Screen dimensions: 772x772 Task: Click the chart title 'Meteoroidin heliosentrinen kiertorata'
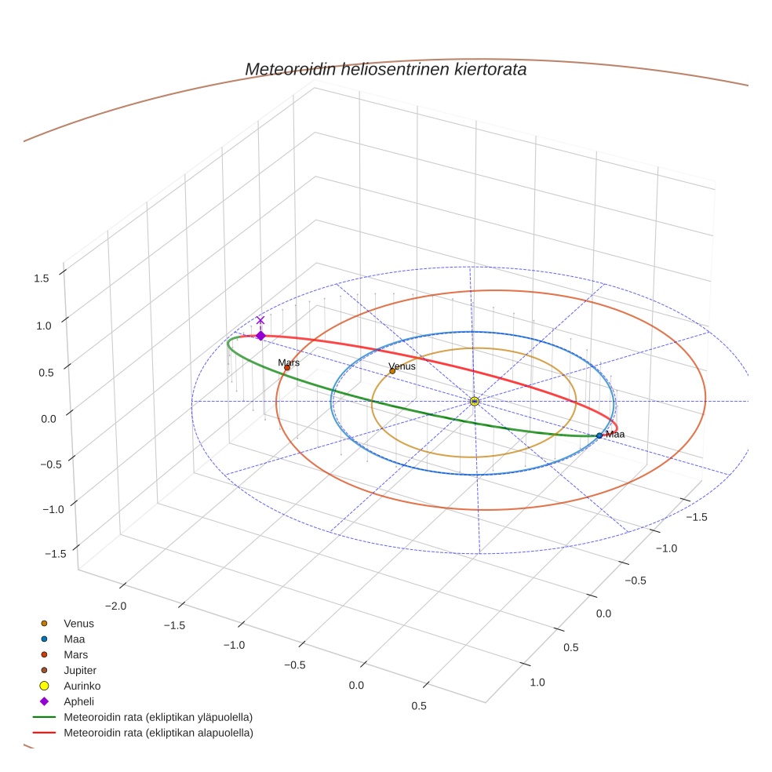pyautogui.click(x=385, y=69)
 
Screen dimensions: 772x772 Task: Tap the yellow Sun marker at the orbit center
pyautogui.click(x=474, y=401)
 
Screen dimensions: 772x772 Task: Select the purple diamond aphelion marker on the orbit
pyautogui.click(x=260, y=336)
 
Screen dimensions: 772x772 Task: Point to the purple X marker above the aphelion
pyautogui.click(x=260, y=320)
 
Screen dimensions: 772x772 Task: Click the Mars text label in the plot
pyautogui.click(x=289, y=362)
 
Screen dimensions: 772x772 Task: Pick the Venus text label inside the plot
pyautogui.click(x=402, y=366)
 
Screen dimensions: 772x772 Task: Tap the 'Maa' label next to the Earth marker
pyautogui.click(x=615, y=434)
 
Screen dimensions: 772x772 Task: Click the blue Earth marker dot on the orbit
pyautogui.click(x=599, y=435)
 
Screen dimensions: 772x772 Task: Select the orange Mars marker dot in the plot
pyautogui.click(x=287, y=368)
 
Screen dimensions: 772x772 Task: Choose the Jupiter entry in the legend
pyautogui.click(x=79, y=670)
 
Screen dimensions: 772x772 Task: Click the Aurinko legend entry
pyautogui.click(x=82, y=686)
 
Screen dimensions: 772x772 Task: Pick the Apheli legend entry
pyautogui.click(x=78, y=701)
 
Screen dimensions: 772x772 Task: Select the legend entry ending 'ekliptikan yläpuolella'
pyautogui.click(x=158, y=717)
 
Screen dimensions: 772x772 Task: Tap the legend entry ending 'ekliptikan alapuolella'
pyautogui.click(x=158, y=733)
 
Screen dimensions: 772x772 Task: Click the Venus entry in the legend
pyautogui.click(x=78, y=624)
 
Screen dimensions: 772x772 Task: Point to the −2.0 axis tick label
pyautogui.click(x=115, y=606)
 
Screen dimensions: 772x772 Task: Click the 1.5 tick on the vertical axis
pyautogui.click(x=42, y=278)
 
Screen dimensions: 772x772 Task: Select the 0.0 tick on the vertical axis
pyautogui.click(x=49, y=419)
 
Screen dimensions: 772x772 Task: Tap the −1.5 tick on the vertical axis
pyautogui.click(x=55, y=554)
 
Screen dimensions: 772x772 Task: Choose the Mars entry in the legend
pyautogui.click(x=75, y=654)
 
